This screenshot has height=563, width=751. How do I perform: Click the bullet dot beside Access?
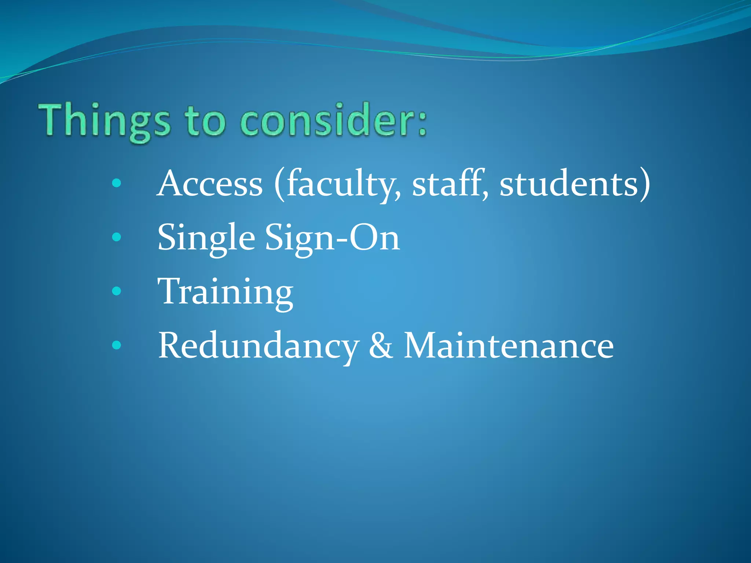(117, 183)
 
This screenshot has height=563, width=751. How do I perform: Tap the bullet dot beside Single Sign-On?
(117, 237)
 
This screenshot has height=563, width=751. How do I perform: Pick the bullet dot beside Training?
(117, 291)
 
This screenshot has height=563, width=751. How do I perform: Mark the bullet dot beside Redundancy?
(117, 345)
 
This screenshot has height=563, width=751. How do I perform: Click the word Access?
(210, 184)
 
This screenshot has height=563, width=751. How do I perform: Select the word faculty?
(343, 184)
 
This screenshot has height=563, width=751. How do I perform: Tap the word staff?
(450, 184)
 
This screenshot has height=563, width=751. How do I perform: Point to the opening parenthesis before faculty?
(279, 184)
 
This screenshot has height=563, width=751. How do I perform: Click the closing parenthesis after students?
(645, 184)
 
